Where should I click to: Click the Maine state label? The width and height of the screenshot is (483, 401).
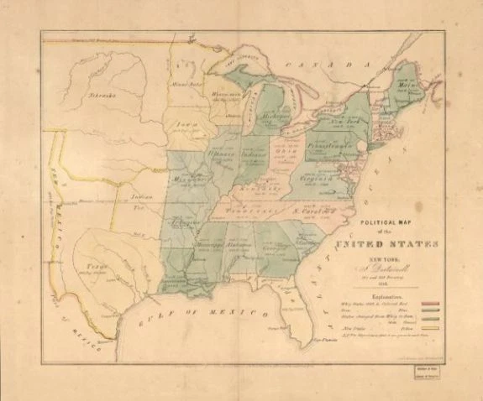[411, 81]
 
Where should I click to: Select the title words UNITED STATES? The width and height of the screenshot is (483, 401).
[387, 244]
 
